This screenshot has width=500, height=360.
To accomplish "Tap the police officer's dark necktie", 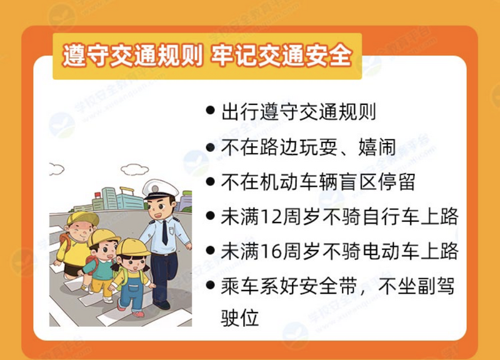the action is (165, 232).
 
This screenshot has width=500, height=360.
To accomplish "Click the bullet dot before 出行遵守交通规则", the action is (210, 111).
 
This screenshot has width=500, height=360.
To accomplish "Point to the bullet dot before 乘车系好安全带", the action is (210, 284).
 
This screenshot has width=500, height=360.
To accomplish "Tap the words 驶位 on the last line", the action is (239, 317).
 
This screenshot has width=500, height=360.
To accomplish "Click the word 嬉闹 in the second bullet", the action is (377, 147).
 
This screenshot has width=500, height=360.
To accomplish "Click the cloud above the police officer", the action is (135, 169).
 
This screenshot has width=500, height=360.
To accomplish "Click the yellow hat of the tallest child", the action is (82, 218).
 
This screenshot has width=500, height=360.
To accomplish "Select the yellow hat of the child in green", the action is (103, 237).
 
